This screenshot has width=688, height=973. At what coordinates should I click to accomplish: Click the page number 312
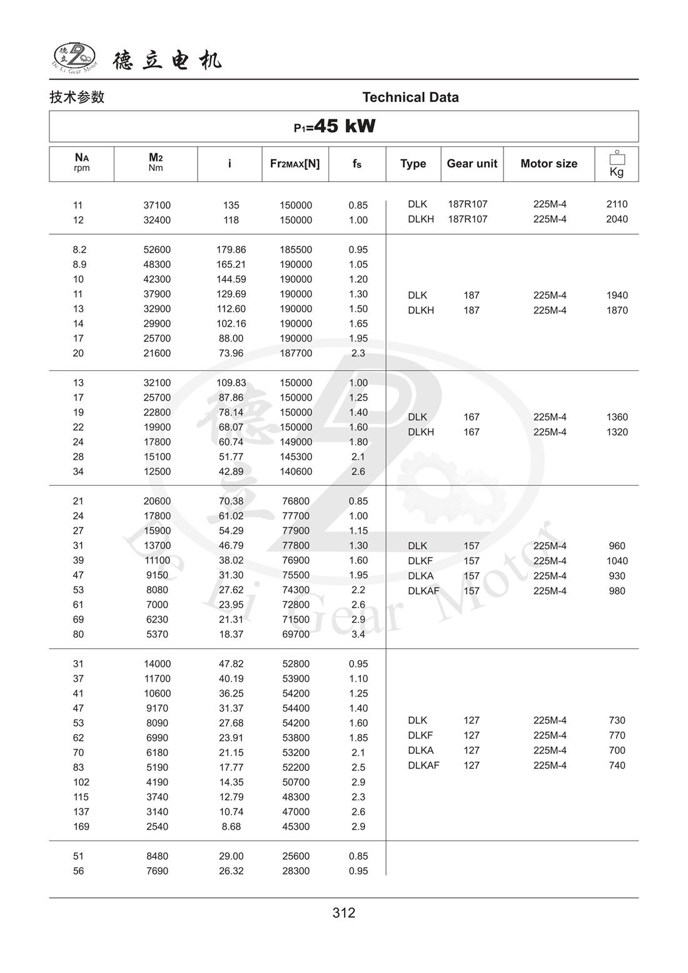(344, 913)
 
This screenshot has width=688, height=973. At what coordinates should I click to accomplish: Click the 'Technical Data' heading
(410, 98)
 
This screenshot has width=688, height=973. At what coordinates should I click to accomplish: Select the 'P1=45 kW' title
(335, 126)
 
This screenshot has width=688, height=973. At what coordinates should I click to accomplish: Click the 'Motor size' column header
(549, 164)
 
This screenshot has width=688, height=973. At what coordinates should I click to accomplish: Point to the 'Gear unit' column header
(472, 164)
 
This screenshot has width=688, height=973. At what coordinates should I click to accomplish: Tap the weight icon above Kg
(617, 158)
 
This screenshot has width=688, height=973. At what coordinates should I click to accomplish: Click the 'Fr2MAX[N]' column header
(295, 164)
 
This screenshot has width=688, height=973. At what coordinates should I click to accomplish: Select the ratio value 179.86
(231, 250)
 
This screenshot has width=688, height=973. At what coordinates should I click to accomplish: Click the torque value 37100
(157, 205)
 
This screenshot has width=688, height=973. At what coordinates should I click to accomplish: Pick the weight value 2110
(617, 204)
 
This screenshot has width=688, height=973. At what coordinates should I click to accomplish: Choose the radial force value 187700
(296, 354)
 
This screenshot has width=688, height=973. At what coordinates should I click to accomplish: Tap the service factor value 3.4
(358, 634)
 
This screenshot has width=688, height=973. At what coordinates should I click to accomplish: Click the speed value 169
(81, 827)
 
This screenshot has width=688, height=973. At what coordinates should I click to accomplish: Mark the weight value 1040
(617, 561)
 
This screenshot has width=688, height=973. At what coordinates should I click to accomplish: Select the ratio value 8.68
(231, 827)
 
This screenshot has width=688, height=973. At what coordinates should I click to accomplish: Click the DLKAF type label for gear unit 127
(423, 765)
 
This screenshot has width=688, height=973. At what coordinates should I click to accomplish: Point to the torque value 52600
(157, 250)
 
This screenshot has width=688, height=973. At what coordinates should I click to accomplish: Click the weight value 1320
(617, 432)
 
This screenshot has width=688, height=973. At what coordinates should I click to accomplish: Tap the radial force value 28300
(296, 871)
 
